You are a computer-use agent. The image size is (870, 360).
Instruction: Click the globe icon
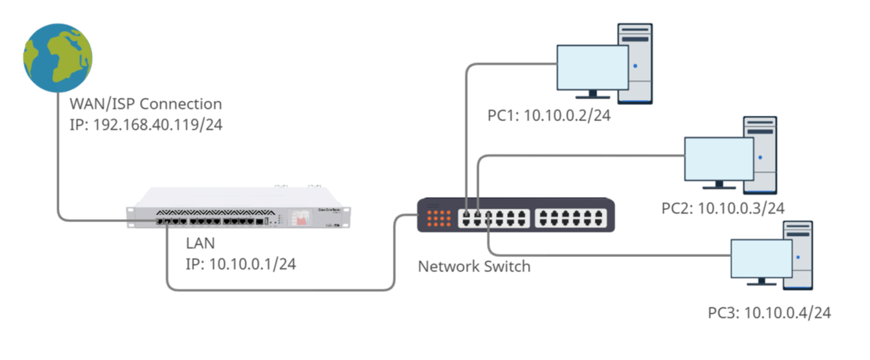coord(58,58)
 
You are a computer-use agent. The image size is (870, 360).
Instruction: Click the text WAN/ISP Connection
coord(146,104)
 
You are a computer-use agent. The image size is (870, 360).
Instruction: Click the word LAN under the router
coord(200,243)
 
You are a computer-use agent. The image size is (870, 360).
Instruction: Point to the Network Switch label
coord(474,267)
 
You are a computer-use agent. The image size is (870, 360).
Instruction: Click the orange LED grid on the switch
coord(439,218)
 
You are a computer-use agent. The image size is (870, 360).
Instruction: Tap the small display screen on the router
coord(300,217)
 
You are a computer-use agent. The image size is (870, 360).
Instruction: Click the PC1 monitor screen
coord(592,68)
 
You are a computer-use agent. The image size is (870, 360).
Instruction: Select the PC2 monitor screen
coord(718,159)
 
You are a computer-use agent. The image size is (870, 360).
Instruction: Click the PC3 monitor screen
coord(761,259)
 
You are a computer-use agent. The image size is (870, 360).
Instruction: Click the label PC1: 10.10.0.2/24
coord(549,116)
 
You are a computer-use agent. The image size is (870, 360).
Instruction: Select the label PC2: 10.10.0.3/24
coord(722,209)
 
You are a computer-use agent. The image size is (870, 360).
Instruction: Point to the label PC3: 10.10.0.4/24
coord(769,313)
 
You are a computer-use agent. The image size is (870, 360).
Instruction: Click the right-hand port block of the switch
coord(570,218)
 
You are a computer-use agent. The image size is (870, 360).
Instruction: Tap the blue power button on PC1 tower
coord(635,66)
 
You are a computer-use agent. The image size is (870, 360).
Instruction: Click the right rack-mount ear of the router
coord(347,218)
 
